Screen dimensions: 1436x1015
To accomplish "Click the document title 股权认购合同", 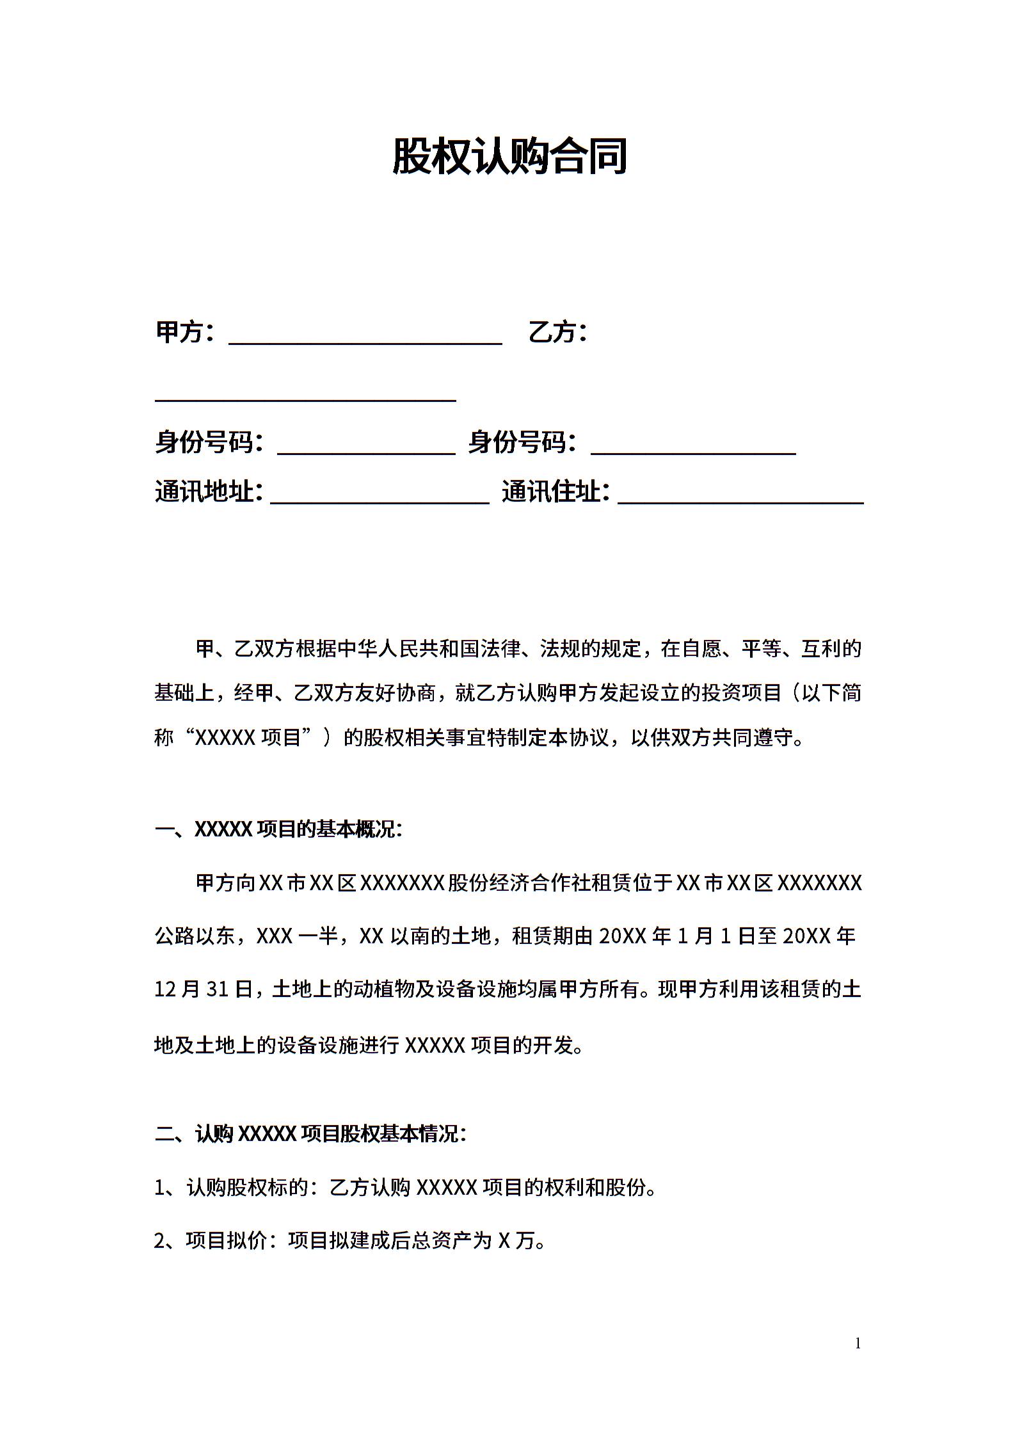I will click(x=509, y=156).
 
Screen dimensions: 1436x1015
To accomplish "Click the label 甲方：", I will click(x=186, y=332).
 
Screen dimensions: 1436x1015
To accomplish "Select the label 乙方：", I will click(x=557, y=332).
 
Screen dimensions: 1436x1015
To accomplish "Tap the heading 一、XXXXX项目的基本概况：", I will click(x=279, y=830).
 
